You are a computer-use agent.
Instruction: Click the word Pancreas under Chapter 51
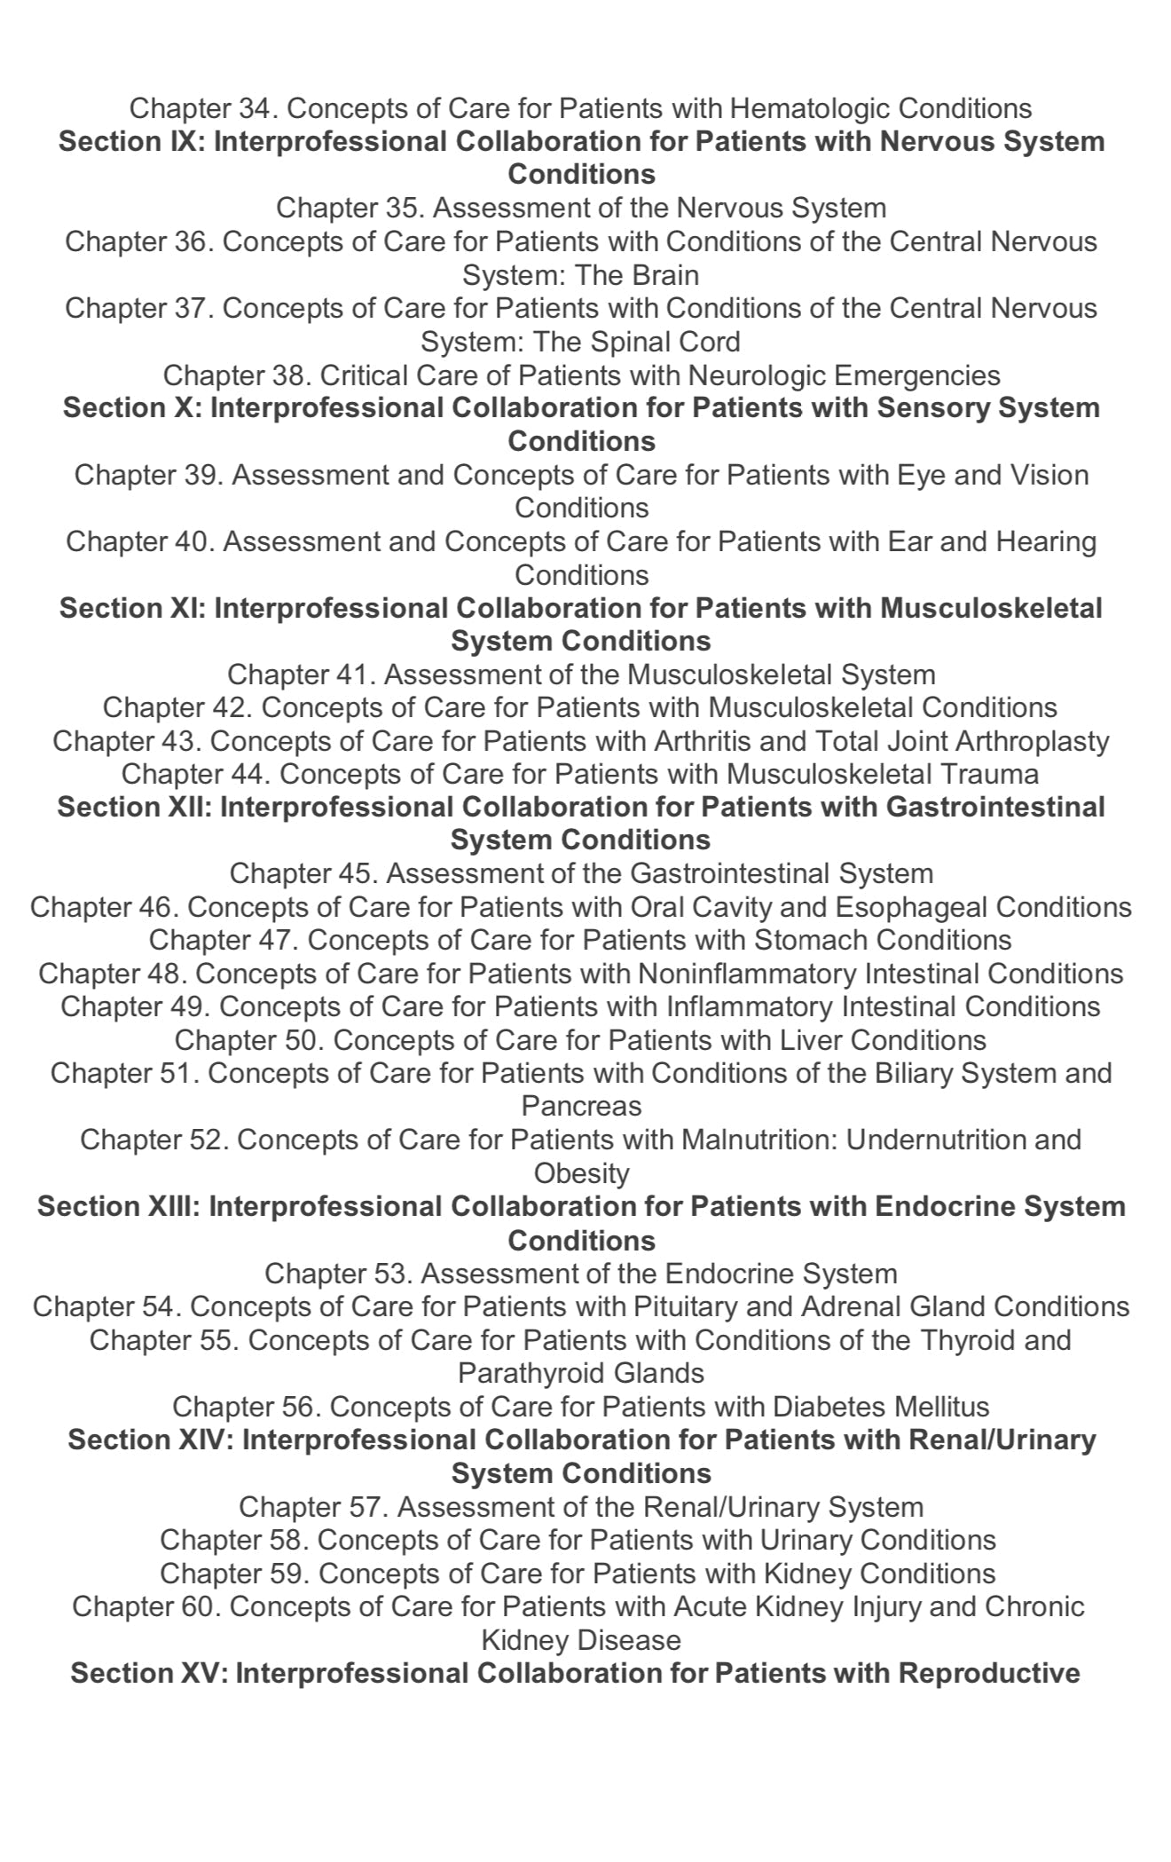click(x=581, y=1107)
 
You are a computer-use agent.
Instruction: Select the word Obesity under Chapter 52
click(x=581, y=1173)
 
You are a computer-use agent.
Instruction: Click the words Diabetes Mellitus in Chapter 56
click(x=880, y=1407)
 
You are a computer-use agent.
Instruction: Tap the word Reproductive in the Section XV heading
click(x=988, y=1674)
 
